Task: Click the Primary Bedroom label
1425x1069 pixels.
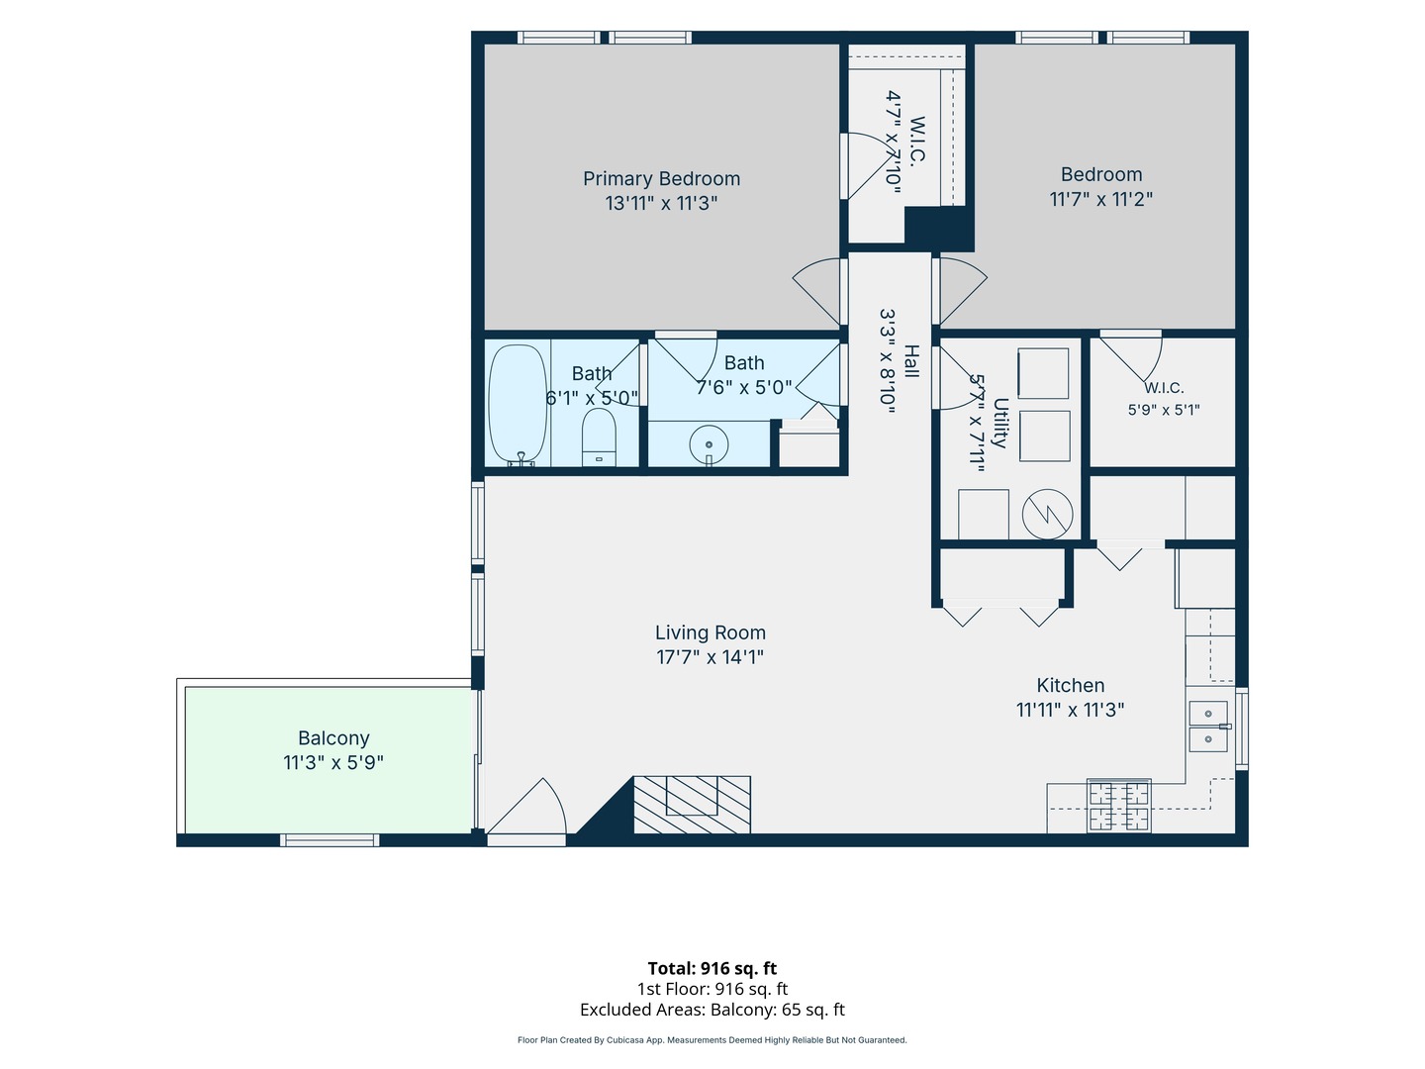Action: click(x=661, y=178)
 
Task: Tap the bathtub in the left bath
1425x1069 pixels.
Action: click(x=518, y=404)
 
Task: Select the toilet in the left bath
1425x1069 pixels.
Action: click(x=599, y=437)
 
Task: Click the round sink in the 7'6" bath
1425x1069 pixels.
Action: click(x=709, y=444)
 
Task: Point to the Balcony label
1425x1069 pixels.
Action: click(x=333, y=738)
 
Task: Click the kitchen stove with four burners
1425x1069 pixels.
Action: click(x=1118, y=806)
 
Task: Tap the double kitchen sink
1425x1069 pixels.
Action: click(x=1208, y=727)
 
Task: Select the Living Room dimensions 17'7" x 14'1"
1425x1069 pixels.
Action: click(x=710, y=657)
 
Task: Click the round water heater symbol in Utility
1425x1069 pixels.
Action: click(x=1047, y=514)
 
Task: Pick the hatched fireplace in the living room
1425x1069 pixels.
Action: click(x=692, y=804)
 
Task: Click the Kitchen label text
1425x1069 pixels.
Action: click(x=1070, y=685)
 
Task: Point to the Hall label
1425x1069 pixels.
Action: click(x=911, y=361)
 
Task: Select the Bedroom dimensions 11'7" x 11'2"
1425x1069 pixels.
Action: click(x=1101, y=199)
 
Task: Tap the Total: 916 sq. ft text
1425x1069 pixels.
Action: click(x=712, y=968)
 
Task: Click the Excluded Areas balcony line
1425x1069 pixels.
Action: click(x=712, y=1010)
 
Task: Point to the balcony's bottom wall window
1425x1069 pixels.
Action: click(x=330, y=840)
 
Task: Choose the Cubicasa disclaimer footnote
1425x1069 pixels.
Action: click(x=712, y=1039)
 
